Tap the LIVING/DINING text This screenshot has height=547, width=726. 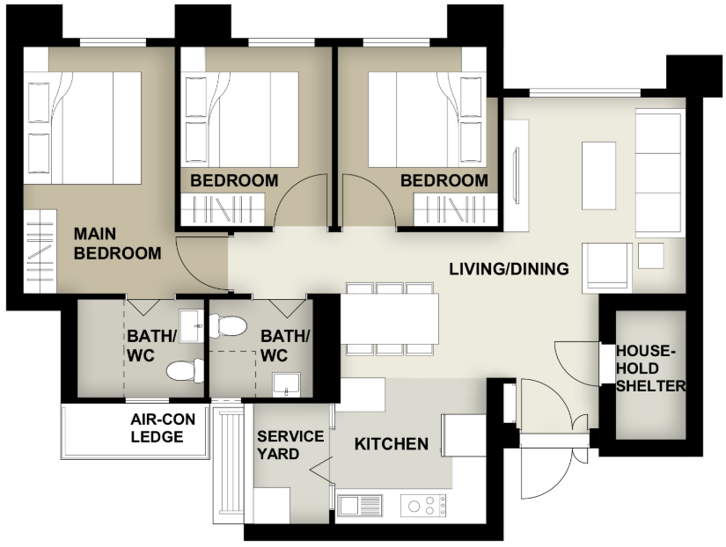(509, 269)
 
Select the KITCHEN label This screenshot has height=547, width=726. (391, 444)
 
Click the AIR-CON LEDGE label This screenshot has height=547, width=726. (163, 427)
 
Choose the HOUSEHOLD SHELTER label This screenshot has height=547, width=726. (650, 368)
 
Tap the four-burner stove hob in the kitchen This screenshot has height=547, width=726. (423, 505)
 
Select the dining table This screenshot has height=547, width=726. (389, 317)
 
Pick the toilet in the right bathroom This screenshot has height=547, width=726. (231, 326)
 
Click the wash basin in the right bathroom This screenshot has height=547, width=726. (286, 383)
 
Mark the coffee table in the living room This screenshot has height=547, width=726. (598, 174)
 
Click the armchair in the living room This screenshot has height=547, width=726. (608, 266)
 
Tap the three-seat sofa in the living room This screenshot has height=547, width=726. (658, 173)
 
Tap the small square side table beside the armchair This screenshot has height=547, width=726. (651, 255)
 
